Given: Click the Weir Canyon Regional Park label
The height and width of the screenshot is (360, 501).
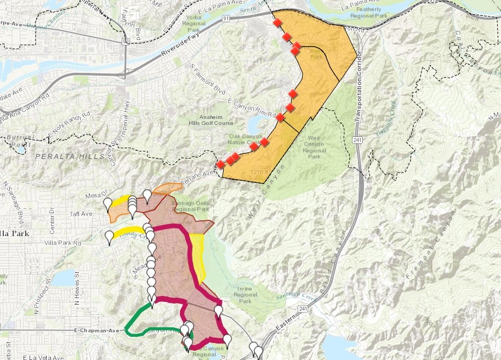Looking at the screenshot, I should [314, 144].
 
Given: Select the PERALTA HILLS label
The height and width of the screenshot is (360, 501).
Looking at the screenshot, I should [69, 157].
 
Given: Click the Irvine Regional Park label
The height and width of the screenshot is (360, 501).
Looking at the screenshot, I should [245, 294].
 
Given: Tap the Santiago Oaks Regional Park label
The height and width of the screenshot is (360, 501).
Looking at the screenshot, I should [190, 205].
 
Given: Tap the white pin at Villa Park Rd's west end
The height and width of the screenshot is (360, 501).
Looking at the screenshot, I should [110, 237].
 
